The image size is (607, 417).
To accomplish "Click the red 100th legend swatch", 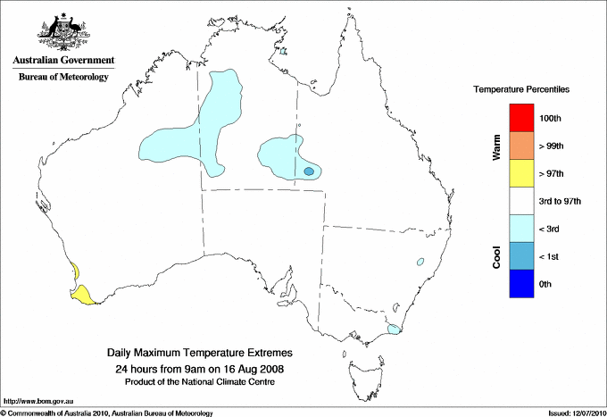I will (x=520, y=118).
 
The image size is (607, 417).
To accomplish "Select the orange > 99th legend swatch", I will (x=520, y=146).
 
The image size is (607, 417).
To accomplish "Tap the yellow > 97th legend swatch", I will (x=520, y=173).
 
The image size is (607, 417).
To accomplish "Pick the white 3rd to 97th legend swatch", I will (x=520, y=201).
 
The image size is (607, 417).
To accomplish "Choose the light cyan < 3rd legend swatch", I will (x=520, y=229).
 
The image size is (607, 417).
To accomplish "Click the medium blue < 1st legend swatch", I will (x=520, y=256).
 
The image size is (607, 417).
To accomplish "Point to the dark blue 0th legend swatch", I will (x=520, y=284).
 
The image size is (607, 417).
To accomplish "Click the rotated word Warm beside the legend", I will (x=496, y=146).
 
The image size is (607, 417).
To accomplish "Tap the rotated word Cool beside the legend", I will (x=496, y=256).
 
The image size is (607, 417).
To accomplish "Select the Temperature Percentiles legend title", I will (x=522, y=90).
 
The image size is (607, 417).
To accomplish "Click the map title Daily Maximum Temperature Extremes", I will (x=200, y=354).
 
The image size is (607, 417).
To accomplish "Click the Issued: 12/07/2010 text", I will (x=575, y=413).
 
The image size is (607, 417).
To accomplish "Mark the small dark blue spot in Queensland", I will (x=309, y=171).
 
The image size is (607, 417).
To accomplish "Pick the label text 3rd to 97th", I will (x=561, y=202).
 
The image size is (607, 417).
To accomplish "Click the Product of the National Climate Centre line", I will (x=200, y=382).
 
